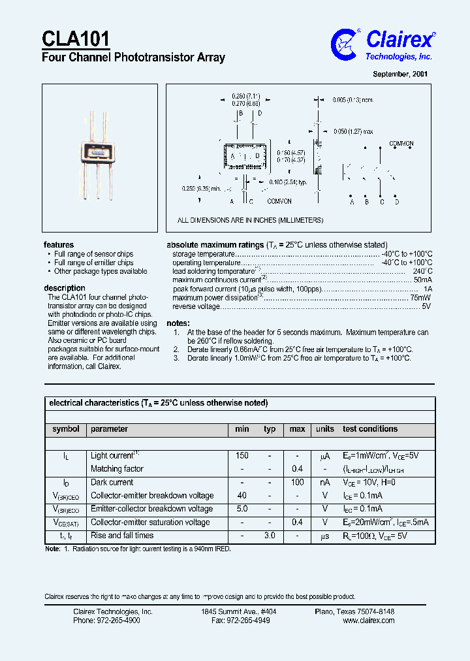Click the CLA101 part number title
(76, 39)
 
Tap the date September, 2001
(400, 74)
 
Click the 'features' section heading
(59, 245)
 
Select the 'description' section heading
(65, 288)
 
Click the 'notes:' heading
(178, 323)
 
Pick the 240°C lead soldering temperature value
(422, 271)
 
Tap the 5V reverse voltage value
(426, 306)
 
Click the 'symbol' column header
(66, 429)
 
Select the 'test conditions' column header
(370, 429)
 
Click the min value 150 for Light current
(242, 455)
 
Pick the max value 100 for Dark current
(297, 482)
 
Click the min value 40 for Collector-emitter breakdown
(242, 496)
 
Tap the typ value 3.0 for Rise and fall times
(269, 536)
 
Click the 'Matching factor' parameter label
(117, 469)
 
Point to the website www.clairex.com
(368, 621)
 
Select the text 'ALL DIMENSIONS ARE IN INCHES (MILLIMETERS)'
(251, 221)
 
